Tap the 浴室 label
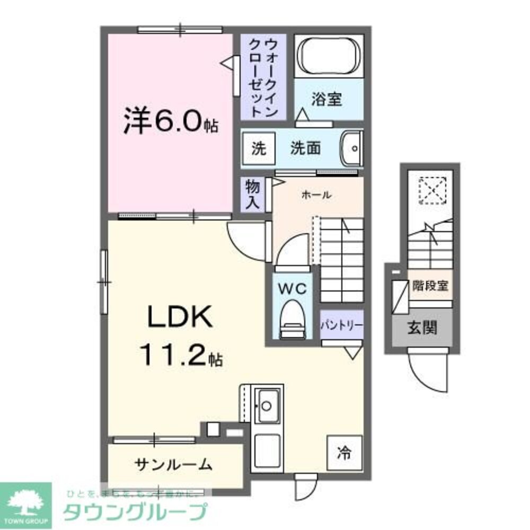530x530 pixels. pyautogui.click(x=326, y=99)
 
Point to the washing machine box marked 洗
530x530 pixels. pyautogui.click(x=258, y=148)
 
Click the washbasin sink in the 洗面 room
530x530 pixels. pyautogui.click(x=351, y=149)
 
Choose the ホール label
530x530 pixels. pyautogui.click(x=316, y=195)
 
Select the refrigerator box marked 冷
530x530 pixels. pyautogui.click(x=344, y=453)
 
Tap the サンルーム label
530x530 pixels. pyautogui.click(x=173, y=465)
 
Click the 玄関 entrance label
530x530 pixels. pyautogui.click(x=422, y=329)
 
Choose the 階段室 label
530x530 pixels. pyautogui.click(x=430, y=286)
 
